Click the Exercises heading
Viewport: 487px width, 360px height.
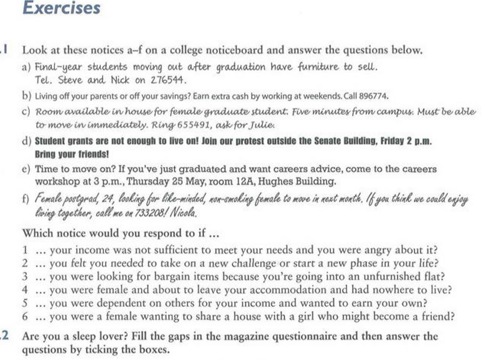pyautogui.click(x=62, y=8)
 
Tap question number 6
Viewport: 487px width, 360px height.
pyautogui.click(x=25, y=316)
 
